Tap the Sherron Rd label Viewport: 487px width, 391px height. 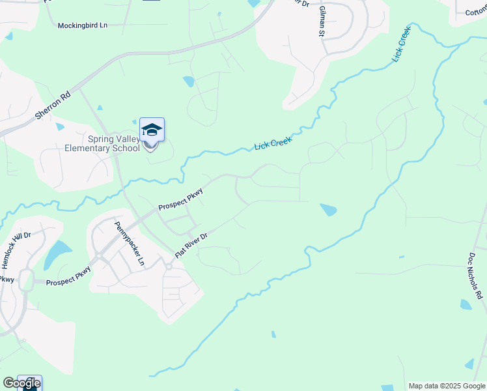[53, 105]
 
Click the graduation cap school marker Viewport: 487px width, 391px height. [152, 130]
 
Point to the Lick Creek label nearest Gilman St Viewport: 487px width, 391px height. [402, 44]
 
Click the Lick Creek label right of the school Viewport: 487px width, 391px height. [273, 141]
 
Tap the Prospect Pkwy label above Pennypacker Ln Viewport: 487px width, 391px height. [181, 199]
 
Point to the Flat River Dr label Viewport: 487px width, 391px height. [191, 245]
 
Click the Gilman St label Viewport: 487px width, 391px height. [322, 21]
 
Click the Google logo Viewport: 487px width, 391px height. [21, 384]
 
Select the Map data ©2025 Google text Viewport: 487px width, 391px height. [447, 386]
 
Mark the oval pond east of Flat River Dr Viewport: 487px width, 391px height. [329, 210]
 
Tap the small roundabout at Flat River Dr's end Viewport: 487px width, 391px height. [168, 266]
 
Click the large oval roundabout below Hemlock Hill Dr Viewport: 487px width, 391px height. [26, 281]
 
